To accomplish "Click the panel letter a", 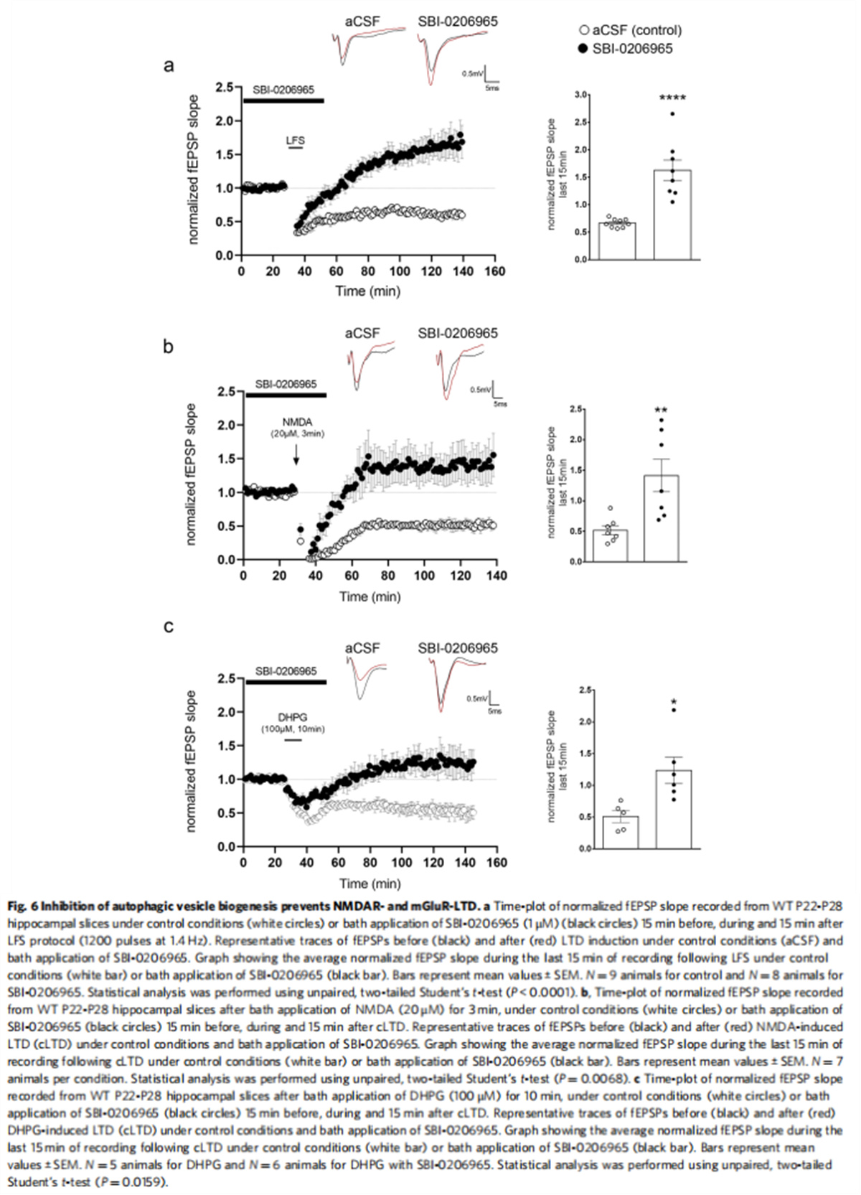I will [169, 66].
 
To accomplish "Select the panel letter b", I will [169, 347].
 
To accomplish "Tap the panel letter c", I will [169, 627].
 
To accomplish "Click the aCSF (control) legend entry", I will [630, 30].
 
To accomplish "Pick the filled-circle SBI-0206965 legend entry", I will [625, 49].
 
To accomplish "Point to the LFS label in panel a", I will [296, 141].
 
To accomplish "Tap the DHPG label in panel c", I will [293, 717].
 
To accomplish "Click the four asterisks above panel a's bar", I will [672, 97].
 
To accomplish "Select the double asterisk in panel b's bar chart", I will [661, 411].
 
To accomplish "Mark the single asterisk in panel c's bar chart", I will [674, 702].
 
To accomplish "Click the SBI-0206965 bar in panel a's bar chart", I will [672, 215].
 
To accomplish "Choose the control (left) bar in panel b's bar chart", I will [610, 545].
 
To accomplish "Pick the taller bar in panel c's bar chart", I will [673, 810].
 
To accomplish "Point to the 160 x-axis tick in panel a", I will [495, 271].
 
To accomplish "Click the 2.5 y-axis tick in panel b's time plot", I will [227, 392].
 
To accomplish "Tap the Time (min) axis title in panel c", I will [370, 884].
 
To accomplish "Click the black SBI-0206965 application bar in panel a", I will [283, 100].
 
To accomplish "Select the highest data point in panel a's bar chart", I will [672, 113].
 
